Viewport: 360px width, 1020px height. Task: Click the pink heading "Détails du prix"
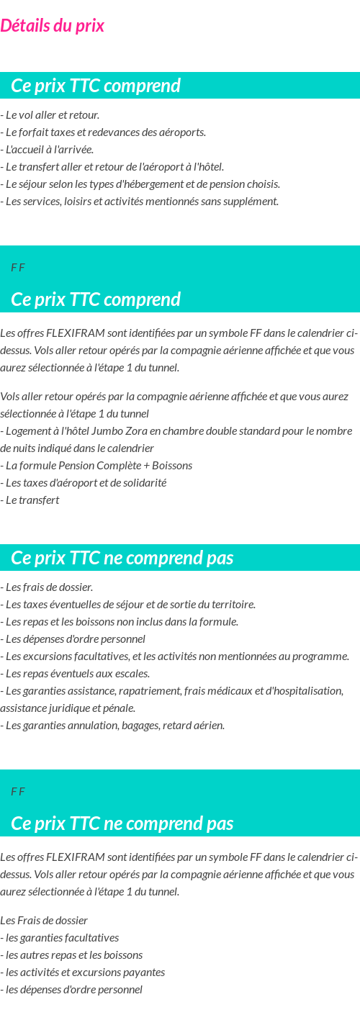(x=53, y=26)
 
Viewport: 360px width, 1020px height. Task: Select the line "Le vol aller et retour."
(x=50, y=115)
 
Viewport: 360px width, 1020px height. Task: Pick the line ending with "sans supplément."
(x=140, y=202)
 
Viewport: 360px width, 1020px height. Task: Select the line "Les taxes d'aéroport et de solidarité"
(x=85, y=483)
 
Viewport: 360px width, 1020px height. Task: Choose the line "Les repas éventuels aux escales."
(x=76, y=674)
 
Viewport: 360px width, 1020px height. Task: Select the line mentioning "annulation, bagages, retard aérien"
(x=114, y=726)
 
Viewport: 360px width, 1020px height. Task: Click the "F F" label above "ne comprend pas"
(x=18, y=792)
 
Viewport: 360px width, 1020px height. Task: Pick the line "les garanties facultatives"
(x=60, y=938)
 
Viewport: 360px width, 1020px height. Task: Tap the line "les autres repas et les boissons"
(x=73, y=955)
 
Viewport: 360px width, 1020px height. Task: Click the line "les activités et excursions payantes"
(x=84, y=972)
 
